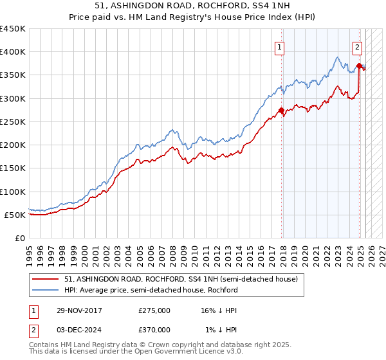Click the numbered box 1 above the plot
(280, 46)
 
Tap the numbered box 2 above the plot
(357, 46)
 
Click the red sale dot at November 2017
(281, 110)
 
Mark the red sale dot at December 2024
(358, 66)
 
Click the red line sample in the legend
(46, 280)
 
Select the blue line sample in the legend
(46, 291)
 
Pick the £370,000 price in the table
(154, 330)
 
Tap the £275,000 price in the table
(154, 310)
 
